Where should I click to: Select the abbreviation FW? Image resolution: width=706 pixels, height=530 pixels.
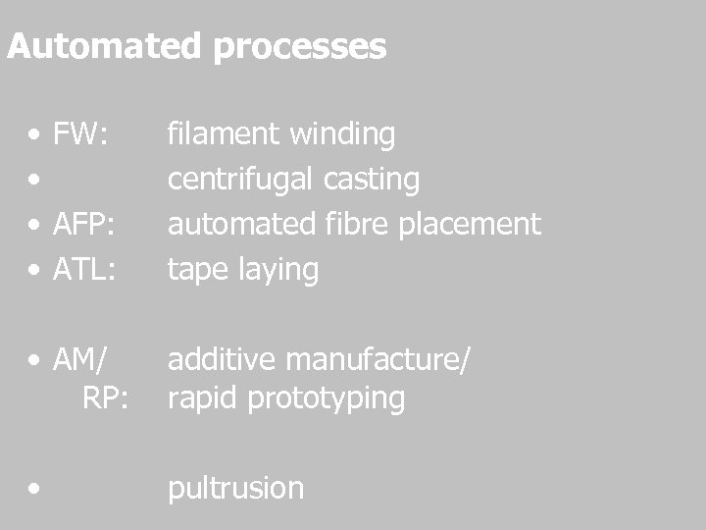click(81, 134)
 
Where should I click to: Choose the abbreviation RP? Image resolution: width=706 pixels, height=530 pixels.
click(108, 398)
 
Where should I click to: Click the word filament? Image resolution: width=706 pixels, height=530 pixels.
click(218, 134)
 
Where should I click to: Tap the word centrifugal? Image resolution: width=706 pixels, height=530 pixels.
click(240, 180)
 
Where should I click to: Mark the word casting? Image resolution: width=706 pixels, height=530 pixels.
click(374, 180)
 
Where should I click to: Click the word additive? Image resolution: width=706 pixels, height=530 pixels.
click(223, 361)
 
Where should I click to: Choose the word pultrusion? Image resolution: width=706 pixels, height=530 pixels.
click(235, 488)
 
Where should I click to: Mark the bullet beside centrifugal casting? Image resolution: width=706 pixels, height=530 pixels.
click(35, 181)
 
